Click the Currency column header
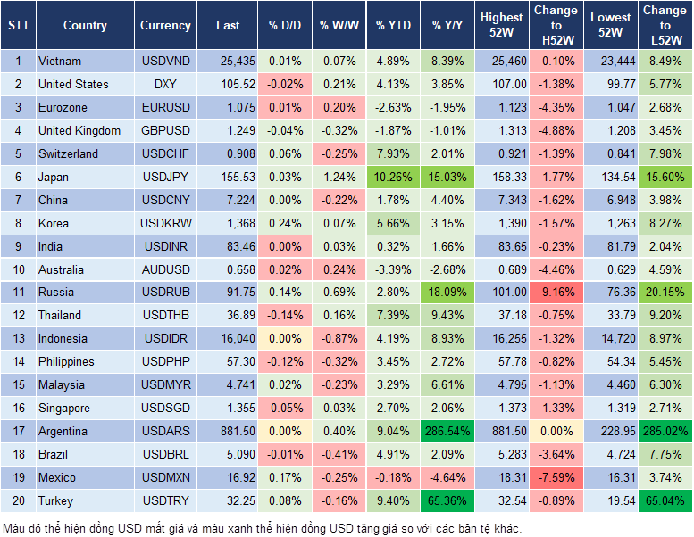click(165, 26)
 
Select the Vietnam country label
click(60, 61)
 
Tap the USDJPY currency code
click(165, 177)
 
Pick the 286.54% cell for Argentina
click(448, 431)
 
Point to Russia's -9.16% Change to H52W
click(556, 292)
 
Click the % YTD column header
click(393, 26)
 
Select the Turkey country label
click(56, 500)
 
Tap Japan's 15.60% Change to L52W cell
click(665, 177)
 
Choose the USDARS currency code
click(165, 431)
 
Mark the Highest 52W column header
click(501, 26)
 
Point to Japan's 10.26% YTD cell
click(393, 177)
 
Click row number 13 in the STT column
click(17, 338)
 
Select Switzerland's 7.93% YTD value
click(393, 153)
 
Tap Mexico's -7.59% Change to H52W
click(556, 477)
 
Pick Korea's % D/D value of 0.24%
click(285, 223)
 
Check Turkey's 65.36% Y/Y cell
click(448, 500)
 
